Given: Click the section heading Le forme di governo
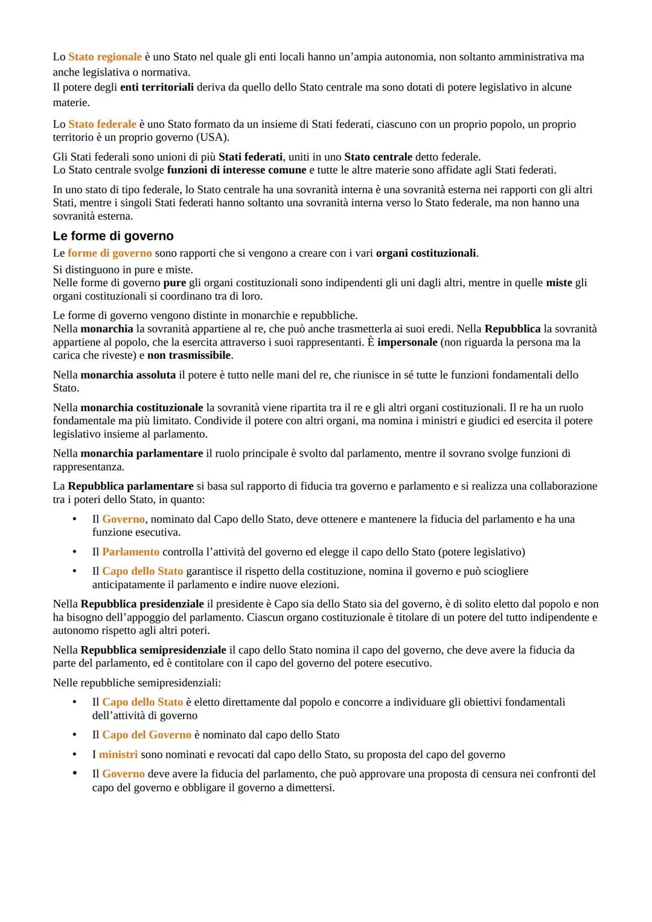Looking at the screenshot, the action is [x=113, y=236].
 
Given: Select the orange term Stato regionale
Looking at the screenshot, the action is [x=105, y=57].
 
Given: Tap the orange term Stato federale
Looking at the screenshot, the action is [x=102, y=124].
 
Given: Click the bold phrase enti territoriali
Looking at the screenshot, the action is [x=157, y=87].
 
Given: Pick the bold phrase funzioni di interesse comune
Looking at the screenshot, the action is [x=237, y=170].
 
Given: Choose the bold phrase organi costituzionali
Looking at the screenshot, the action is [x=426, y=253].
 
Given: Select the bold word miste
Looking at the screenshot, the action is [x=559, y=283].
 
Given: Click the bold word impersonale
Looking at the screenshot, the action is [x=407, y=342].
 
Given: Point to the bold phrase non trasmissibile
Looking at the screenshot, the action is [x=189, y=355].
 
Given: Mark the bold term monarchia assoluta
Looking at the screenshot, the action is [x=128, y=375].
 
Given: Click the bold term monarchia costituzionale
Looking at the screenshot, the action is [x=142, y=408].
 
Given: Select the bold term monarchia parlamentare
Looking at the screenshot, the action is [x=142, y=453].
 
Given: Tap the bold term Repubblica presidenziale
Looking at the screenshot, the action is [x=142, y=604].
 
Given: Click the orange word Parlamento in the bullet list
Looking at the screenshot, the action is [x=130, y=552].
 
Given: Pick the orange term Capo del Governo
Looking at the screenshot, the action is [x=147, y=735].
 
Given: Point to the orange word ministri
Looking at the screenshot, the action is [x=118, y=754].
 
